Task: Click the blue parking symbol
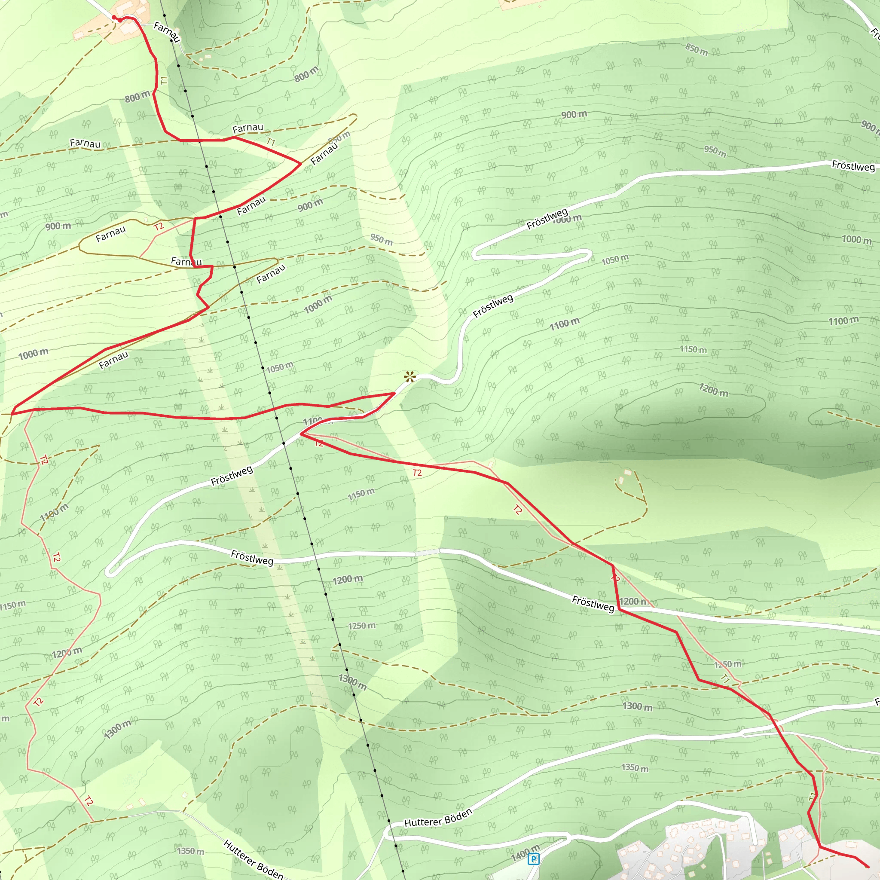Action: click(533, 859)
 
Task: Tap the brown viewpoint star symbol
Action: click(410, 377)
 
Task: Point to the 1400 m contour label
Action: click(525, 852)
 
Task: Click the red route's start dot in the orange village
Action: click(114, 18)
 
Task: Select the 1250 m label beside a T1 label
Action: click(727, 665)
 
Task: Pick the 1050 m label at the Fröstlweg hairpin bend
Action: click(614, 260)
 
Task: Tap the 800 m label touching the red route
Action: click(137, 97)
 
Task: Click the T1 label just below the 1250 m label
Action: click(726, 678)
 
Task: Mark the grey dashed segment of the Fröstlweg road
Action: click(427, 552)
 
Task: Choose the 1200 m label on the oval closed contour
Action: click(713, 389)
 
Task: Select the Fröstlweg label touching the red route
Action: click(593, 603)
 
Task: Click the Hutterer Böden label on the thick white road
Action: click(438, 818)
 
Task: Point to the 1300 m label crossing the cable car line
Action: click(352, 682)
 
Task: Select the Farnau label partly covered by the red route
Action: click(186, 261)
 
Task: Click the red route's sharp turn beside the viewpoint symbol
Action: click(394, 393)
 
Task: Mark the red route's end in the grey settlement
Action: click(868, 867)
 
